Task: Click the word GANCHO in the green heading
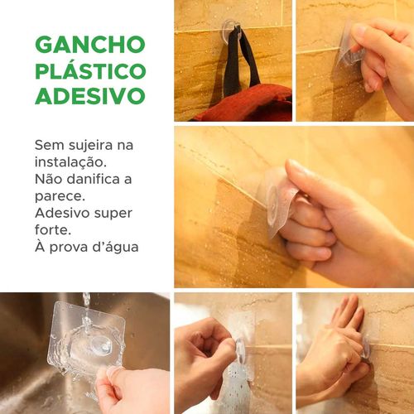pyautogui.click(x=90, y=45)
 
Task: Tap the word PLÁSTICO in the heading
pyautogui.click(x=90, y=70)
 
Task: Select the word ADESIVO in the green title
pyautogui.click(x=90, y=96)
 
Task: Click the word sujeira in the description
pyautogui.click(x=90, y=146)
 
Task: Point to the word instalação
pyautogui.click(x=70, y=162)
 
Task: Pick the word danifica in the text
pyautogui.click(x=93, y=180)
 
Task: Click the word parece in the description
pyautogui.click(x=60, y=197)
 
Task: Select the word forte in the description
pyautogui.click(x=53, y=230)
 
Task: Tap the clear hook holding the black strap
pyautogui.click(x=231, y=31)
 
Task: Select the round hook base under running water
pyautogui.click(x=102, y=345)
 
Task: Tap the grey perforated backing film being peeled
pyautogui.click(x=234, y=388)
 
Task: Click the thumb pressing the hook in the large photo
pyautogui.click(x=300, y=176)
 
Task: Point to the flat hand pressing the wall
pyautogui.click(x=346, y=317)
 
